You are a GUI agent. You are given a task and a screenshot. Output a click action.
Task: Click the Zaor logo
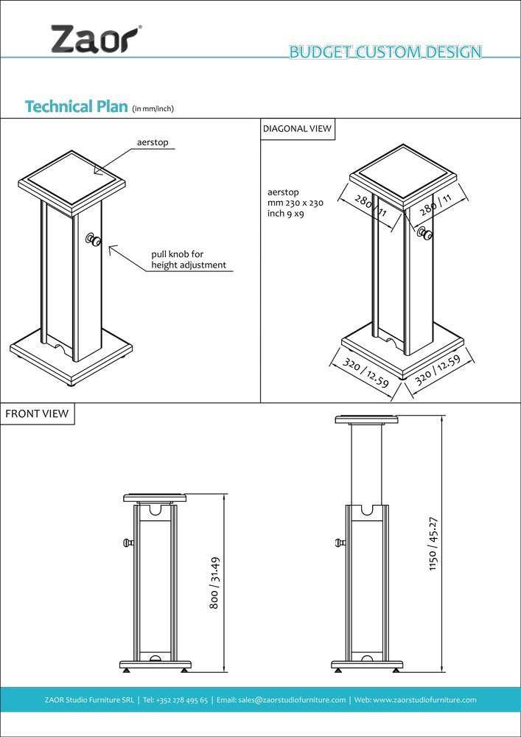pos(95,38)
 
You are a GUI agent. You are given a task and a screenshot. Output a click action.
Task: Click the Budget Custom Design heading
pos(385,52)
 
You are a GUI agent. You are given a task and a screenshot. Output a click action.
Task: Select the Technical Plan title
pos(77,106)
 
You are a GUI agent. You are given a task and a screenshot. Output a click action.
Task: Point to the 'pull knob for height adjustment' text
pos(188,259)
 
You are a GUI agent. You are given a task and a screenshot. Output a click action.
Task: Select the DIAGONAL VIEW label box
pos(297,128)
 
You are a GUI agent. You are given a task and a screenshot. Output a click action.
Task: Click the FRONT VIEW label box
pos(37,413)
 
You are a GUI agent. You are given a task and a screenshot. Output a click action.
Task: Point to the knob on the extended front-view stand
pos(340,544)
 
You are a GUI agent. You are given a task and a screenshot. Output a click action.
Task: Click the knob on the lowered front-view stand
pos(129,543)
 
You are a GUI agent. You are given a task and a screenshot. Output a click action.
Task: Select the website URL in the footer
pos(425,699)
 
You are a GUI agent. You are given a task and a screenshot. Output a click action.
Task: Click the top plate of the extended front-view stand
pos(366,419)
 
